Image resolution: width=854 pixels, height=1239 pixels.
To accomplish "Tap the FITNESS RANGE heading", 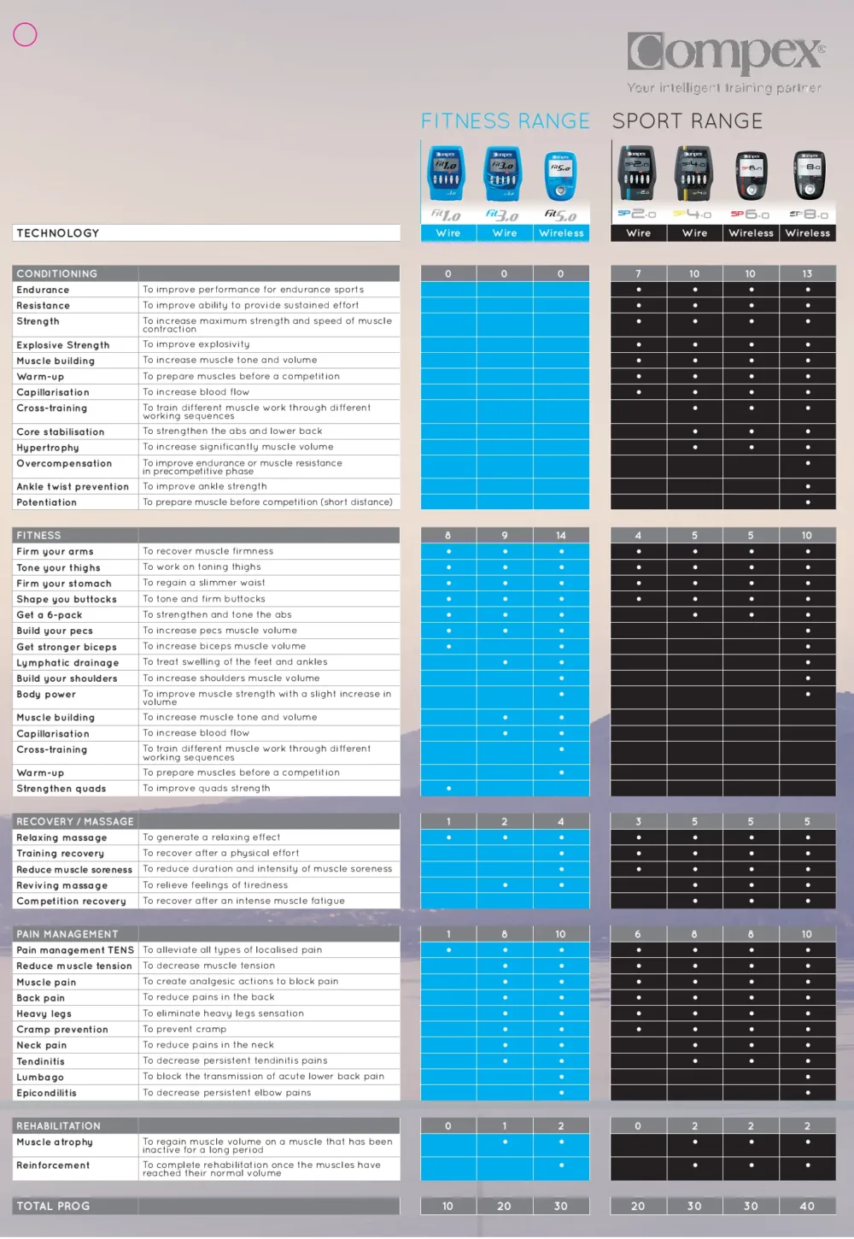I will point(505,121).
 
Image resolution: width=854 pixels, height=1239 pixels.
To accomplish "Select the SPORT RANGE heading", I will point(687,121).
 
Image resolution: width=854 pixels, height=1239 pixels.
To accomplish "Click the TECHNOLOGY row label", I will point(58,233).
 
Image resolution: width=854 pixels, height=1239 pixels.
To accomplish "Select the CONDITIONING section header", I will point(57,273).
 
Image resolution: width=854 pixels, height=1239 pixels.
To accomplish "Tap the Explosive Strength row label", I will point(63,345).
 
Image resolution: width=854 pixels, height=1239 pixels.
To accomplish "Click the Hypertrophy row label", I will point(48,448).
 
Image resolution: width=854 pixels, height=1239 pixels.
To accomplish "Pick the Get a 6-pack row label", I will point(50,615).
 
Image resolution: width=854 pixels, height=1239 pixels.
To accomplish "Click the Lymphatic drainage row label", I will point(67,663).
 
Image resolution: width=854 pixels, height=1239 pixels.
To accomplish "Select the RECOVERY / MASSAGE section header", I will point(75,821).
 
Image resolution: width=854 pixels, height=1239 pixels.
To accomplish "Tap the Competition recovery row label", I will point(71,901).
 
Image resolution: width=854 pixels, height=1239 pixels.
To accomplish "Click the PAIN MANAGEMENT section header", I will point(67,934).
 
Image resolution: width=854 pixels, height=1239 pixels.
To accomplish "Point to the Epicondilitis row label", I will point(46,1093).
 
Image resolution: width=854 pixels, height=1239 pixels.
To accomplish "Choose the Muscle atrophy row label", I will point(55,1142).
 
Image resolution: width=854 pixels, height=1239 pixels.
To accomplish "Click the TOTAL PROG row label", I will point(53,1206).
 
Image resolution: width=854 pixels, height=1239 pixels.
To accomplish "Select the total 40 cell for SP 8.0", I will point(807,1206).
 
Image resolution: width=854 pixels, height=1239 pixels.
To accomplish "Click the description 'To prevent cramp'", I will point(184,1029).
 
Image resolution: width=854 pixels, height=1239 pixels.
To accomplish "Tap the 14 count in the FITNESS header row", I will point(561,536).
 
